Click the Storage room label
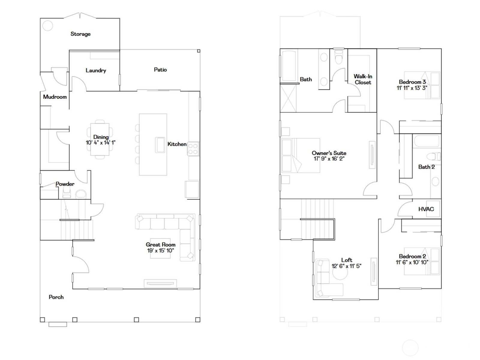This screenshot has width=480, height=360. [x=80, y=34]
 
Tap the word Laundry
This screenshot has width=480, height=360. [x=96, y=70]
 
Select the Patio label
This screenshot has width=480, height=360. [x=160, y=70]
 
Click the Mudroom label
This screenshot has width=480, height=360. [x=55, y=97]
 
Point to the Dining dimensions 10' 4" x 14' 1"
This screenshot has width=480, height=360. [x=100, y=143]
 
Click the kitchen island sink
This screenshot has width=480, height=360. [x=160, y=145]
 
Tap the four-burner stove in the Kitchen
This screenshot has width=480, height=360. [x=193, y=149]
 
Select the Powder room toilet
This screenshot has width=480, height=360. [x=80, y=194]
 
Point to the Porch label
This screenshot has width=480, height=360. [x=56, y=297]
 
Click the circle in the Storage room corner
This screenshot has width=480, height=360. [x=47, y=25]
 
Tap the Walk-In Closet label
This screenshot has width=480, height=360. [x=363, y=79]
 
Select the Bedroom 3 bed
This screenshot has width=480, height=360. [x=421, y=85]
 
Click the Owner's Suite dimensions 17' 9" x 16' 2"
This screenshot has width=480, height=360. [x=329, y=159]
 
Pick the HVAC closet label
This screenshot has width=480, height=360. [x=426, y=209]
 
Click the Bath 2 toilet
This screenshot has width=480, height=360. [x=433, y=157]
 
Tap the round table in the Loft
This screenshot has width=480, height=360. [x=340, y=272]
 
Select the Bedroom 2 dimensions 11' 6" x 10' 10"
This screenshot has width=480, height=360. [x=412, y=262]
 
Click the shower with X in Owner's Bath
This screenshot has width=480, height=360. [x=288, y=98]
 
